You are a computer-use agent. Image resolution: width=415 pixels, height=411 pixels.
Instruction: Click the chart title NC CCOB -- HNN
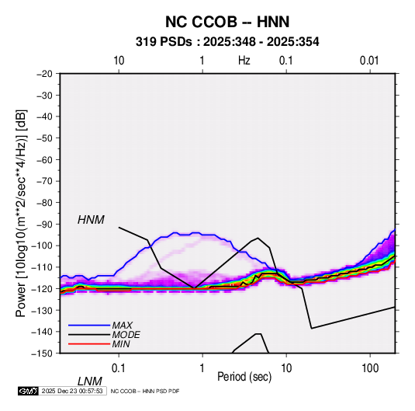[227, 22]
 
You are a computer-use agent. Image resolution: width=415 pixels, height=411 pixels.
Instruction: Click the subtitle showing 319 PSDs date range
[227, 42]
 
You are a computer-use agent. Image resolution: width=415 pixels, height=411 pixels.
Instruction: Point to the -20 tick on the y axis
[44, 74]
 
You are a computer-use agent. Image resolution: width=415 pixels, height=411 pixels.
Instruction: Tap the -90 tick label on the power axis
[44, 225]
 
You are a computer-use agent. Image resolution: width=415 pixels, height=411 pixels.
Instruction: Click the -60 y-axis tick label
[44, 159]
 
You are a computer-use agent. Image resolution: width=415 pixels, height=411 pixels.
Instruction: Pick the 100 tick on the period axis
[370, 367]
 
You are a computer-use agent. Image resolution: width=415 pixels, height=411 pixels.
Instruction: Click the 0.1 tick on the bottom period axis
[118, 367]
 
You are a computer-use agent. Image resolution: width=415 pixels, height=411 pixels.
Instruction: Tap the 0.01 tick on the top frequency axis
[369, 61]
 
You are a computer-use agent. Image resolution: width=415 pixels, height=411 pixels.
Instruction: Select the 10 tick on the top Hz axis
[119, 61]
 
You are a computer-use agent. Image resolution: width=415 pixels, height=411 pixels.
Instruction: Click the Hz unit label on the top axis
[244, 61]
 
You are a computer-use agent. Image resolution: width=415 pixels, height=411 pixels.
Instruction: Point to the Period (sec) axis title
[244, 377]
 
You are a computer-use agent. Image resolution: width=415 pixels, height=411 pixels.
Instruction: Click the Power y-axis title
[21, 213]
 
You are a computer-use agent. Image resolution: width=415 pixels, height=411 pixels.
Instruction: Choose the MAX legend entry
[122, 325]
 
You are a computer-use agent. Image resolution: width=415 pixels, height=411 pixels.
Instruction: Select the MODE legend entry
[126, 335]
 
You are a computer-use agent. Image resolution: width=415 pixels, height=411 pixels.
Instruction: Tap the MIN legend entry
[121, 344]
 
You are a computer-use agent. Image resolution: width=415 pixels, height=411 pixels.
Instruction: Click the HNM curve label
[91, 220]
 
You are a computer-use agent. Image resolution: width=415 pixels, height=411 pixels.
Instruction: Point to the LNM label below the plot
[90, 381]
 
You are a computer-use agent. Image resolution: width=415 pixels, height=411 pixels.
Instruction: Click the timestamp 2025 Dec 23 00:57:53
[72, 391]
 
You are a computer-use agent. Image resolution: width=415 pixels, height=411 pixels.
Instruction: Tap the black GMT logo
[29, 391]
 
